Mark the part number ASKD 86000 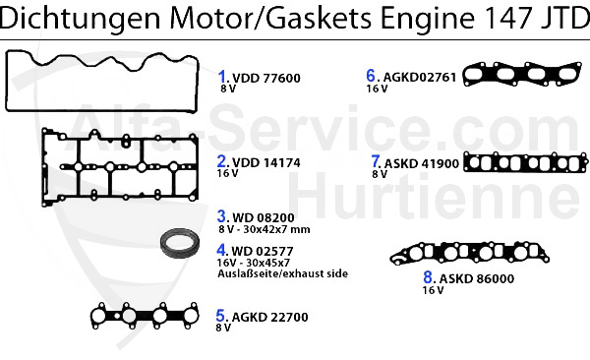463,278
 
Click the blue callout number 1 222,76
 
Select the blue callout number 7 375,162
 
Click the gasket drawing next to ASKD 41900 525,164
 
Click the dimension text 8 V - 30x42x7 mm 264,229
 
